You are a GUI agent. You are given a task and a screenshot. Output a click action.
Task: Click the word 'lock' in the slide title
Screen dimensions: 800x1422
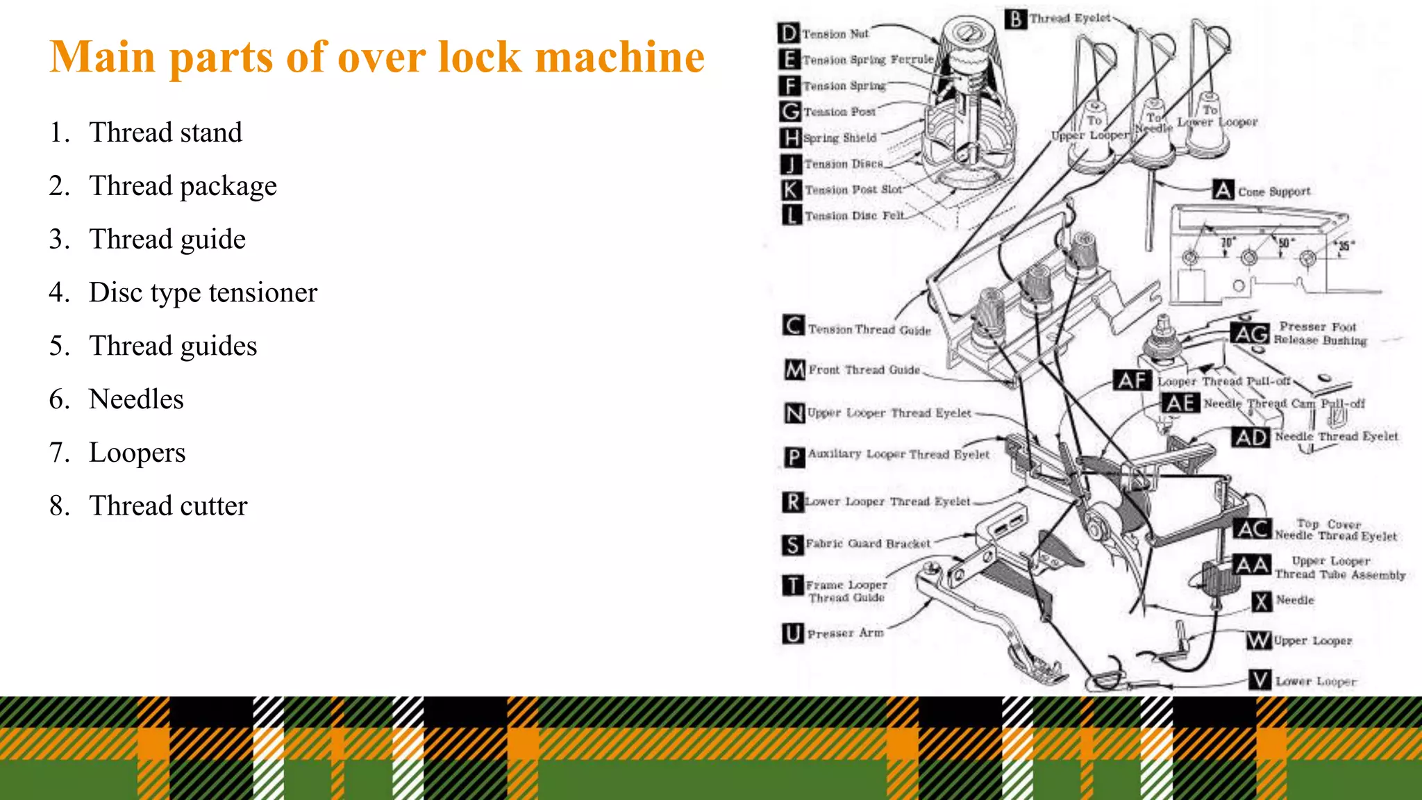[x=479, y=57]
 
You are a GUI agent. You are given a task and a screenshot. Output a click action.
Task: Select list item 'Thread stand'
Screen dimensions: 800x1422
[x=165, y=133]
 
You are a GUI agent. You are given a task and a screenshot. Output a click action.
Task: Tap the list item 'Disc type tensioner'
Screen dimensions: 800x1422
[x=203, y=292]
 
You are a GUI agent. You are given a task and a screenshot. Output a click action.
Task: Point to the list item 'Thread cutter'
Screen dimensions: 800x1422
[x=168, y=506]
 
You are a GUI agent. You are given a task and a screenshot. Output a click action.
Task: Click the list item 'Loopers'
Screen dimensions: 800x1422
[x=137, y=453]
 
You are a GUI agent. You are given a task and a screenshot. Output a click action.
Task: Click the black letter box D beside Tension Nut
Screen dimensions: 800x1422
[x=789, y=33]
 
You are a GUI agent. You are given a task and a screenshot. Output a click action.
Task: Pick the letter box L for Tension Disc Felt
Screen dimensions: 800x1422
[x=791, y=215]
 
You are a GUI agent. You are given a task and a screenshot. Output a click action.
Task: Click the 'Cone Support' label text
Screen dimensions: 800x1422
[x=1274, y=192]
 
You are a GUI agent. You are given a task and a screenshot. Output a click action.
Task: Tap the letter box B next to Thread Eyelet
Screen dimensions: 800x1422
[x=1015, y=19]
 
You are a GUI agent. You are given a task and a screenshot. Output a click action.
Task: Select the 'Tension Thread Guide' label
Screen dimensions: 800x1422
[x=869, y=330]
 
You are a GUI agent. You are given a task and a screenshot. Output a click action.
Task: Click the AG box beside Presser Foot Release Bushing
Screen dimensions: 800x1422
[x=1250, y=334]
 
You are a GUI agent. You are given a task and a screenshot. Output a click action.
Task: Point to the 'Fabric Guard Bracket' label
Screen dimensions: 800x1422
[x=868, y=544]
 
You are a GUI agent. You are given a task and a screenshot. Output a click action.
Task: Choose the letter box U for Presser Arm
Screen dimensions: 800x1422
[x=792, y=633]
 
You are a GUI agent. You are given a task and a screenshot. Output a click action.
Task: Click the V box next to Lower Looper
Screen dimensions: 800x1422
[x=1260, y=680]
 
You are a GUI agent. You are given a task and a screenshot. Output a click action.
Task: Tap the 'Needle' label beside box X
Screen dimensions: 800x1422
[x=1295, y=600]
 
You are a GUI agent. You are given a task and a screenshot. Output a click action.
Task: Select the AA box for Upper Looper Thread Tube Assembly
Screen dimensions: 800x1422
[x=1252, y=565]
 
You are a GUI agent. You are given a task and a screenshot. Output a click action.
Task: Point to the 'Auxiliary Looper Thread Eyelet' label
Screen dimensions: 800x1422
[x=898, y=454]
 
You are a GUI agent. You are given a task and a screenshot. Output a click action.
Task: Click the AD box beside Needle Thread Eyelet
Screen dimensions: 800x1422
[x=1251, y=437]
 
